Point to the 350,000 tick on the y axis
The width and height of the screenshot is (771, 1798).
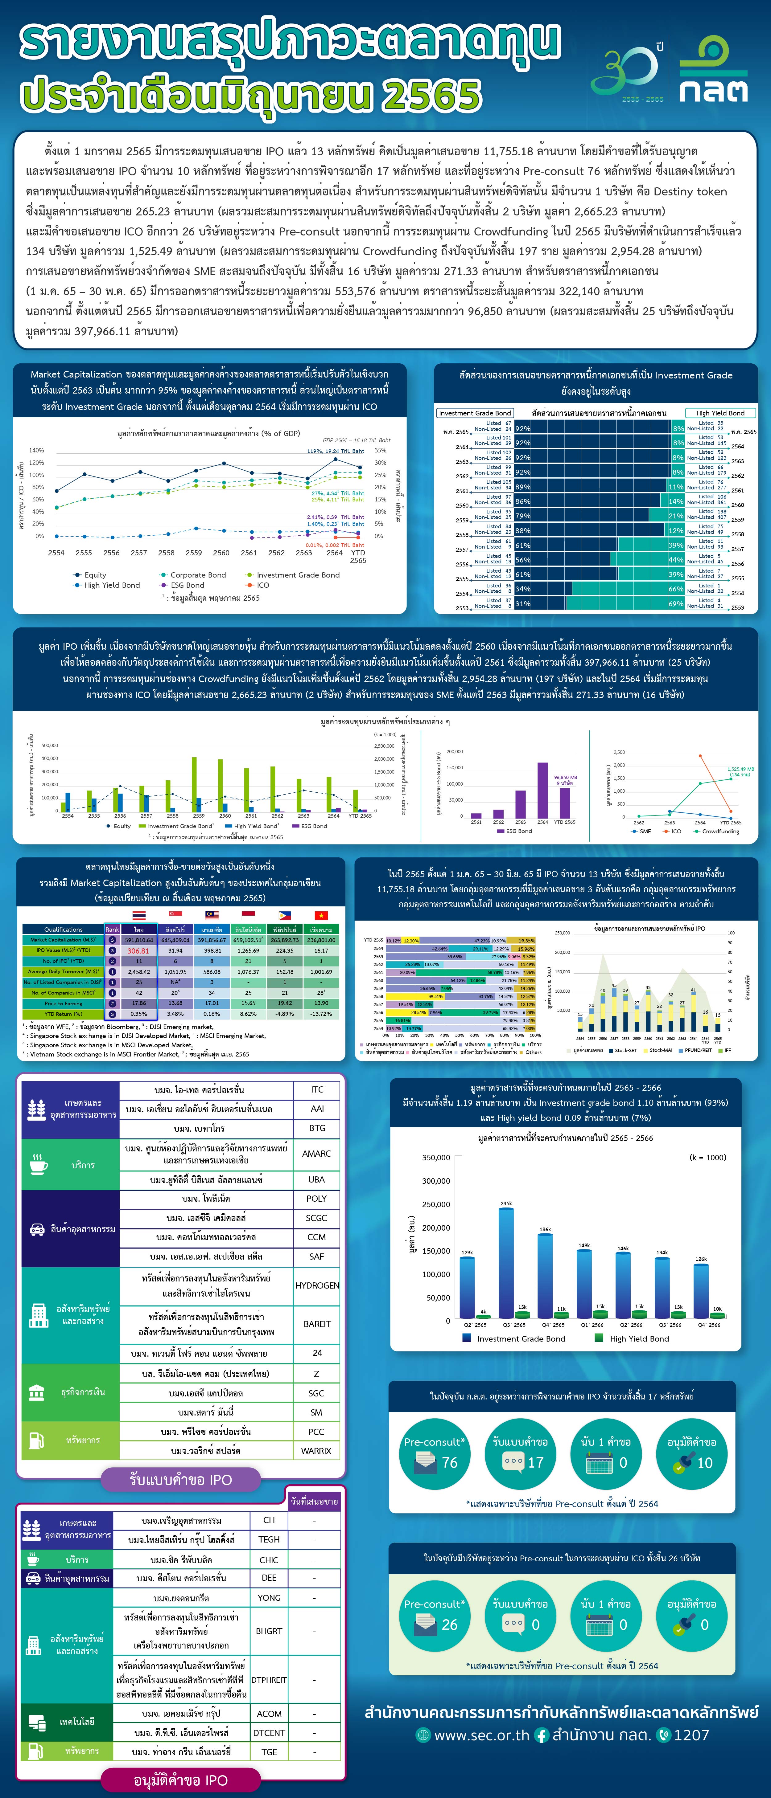coord(436,1157)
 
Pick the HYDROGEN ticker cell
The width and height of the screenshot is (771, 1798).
coord(317,1285)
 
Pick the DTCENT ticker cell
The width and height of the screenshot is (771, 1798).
coord(269,1732)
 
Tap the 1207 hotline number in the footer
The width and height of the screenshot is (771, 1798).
coord(691,1735)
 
